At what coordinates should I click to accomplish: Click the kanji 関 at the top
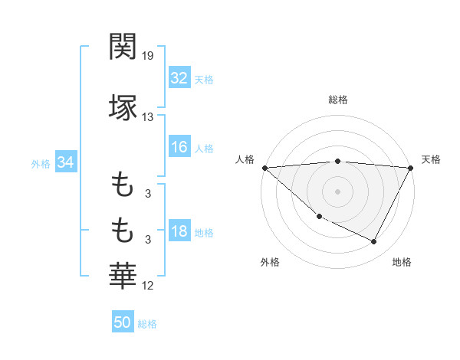(x=123, y=47)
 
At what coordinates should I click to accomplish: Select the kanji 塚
(x=123, y=107)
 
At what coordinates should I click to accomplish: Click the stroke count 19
(x=148, y=56)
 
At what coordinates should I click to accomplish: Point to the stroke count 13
(x=148, y=116)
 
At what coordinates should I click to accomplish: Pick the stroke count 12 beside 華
(x=148, y=286)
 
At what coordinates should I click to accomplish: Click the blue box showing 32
(x=179, y=78)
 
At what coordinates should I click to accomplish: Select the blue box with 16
(x=179, y=147)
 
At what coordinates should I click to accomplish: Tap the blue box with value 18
(x=179, y=232)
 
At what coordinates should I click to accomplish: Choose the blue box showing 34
(x=65, y=163)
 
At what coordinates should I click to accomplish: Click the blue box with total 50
(x=123, y=322)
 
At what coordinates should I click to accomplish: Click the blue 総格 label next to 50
(x=147, y=324)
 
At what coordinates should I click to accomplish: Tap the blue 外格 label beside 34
(x=41, y=164)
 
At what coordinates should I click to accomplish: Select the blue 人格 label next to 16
(x=204, y=148)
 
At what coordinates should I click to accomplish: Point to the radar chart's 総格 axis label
(x=338, y=100)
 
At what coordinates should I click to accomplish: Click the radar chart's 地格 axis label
(x=402, y=262)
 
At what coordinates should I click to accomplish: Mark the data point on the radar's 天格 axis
(x=412, y=168)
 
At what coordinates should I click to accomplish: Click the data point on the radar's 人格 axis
(x=264, y=168)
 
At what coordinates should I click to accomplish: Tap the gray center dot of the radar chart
(x=338, y=191)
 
